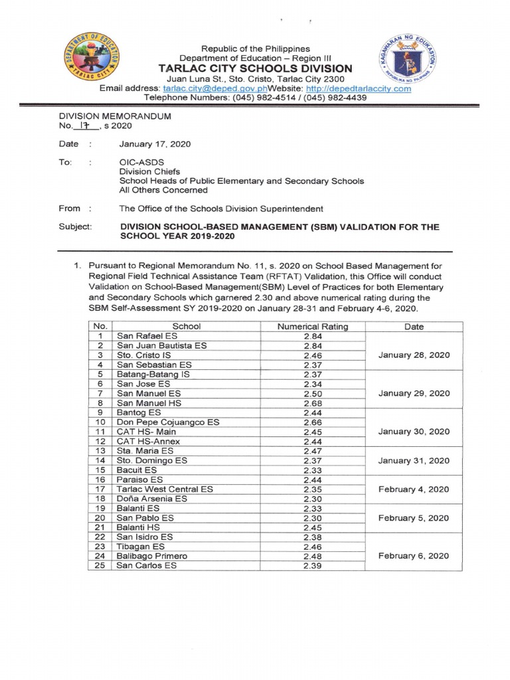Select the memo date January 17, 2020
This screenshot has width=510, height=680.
click(x=155, y=144)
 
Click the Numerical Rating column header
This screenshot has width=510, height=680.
click(x=312, y=326)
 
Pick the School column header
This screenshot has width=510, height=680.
click(x=186, y=326)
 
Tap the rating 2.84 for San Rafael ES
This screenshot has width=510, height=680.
click(x=312, y=336)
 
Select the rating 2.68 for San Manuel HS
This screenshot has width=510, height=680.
click(x=312, y=403)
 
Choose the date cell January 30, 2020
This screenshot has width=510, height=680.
click(x=414, y=432)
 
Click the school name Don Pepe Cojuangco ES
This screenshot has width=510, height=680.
click(x=168, y=422)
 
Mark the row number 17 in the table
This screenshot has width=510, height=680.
click(x=101, y=489)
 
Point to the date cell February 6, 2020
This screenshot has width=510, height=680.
click(x=414, y=556)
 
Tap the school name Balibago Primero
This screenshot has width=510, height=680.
click(x=152, y=556)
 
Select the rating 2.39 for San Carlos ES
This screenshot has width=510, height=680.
click(x=312, y=566)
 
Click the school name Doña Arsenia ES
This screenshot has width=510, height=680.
click(x=152, y=499)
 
